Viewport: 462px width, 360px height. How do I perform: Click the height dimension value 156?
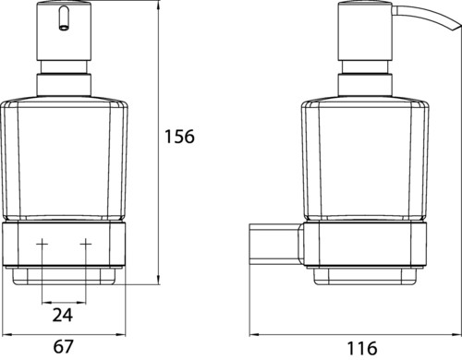tap(179, 137)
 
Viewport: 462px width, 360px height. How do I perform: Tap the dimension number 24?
tap(63, 315)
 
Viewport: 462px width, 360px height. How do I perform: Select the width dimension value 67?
tap(64, 346)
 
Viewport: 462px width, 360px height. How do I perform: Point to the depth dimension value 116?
tap(362, 348)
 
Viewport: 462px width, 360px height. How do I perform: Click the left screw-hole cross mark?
tap(43, 244)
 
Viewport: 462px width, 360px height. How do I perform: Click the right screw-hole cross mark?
tap(86, 244)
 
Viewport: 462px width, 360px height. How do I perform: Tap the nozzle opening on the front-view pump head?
tap(64, 29)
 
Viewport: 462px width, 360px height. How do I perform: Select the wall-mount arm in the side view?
tap(275, 244)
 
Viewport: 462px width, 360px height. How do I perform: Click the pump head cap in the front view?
tap(64, 30)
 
